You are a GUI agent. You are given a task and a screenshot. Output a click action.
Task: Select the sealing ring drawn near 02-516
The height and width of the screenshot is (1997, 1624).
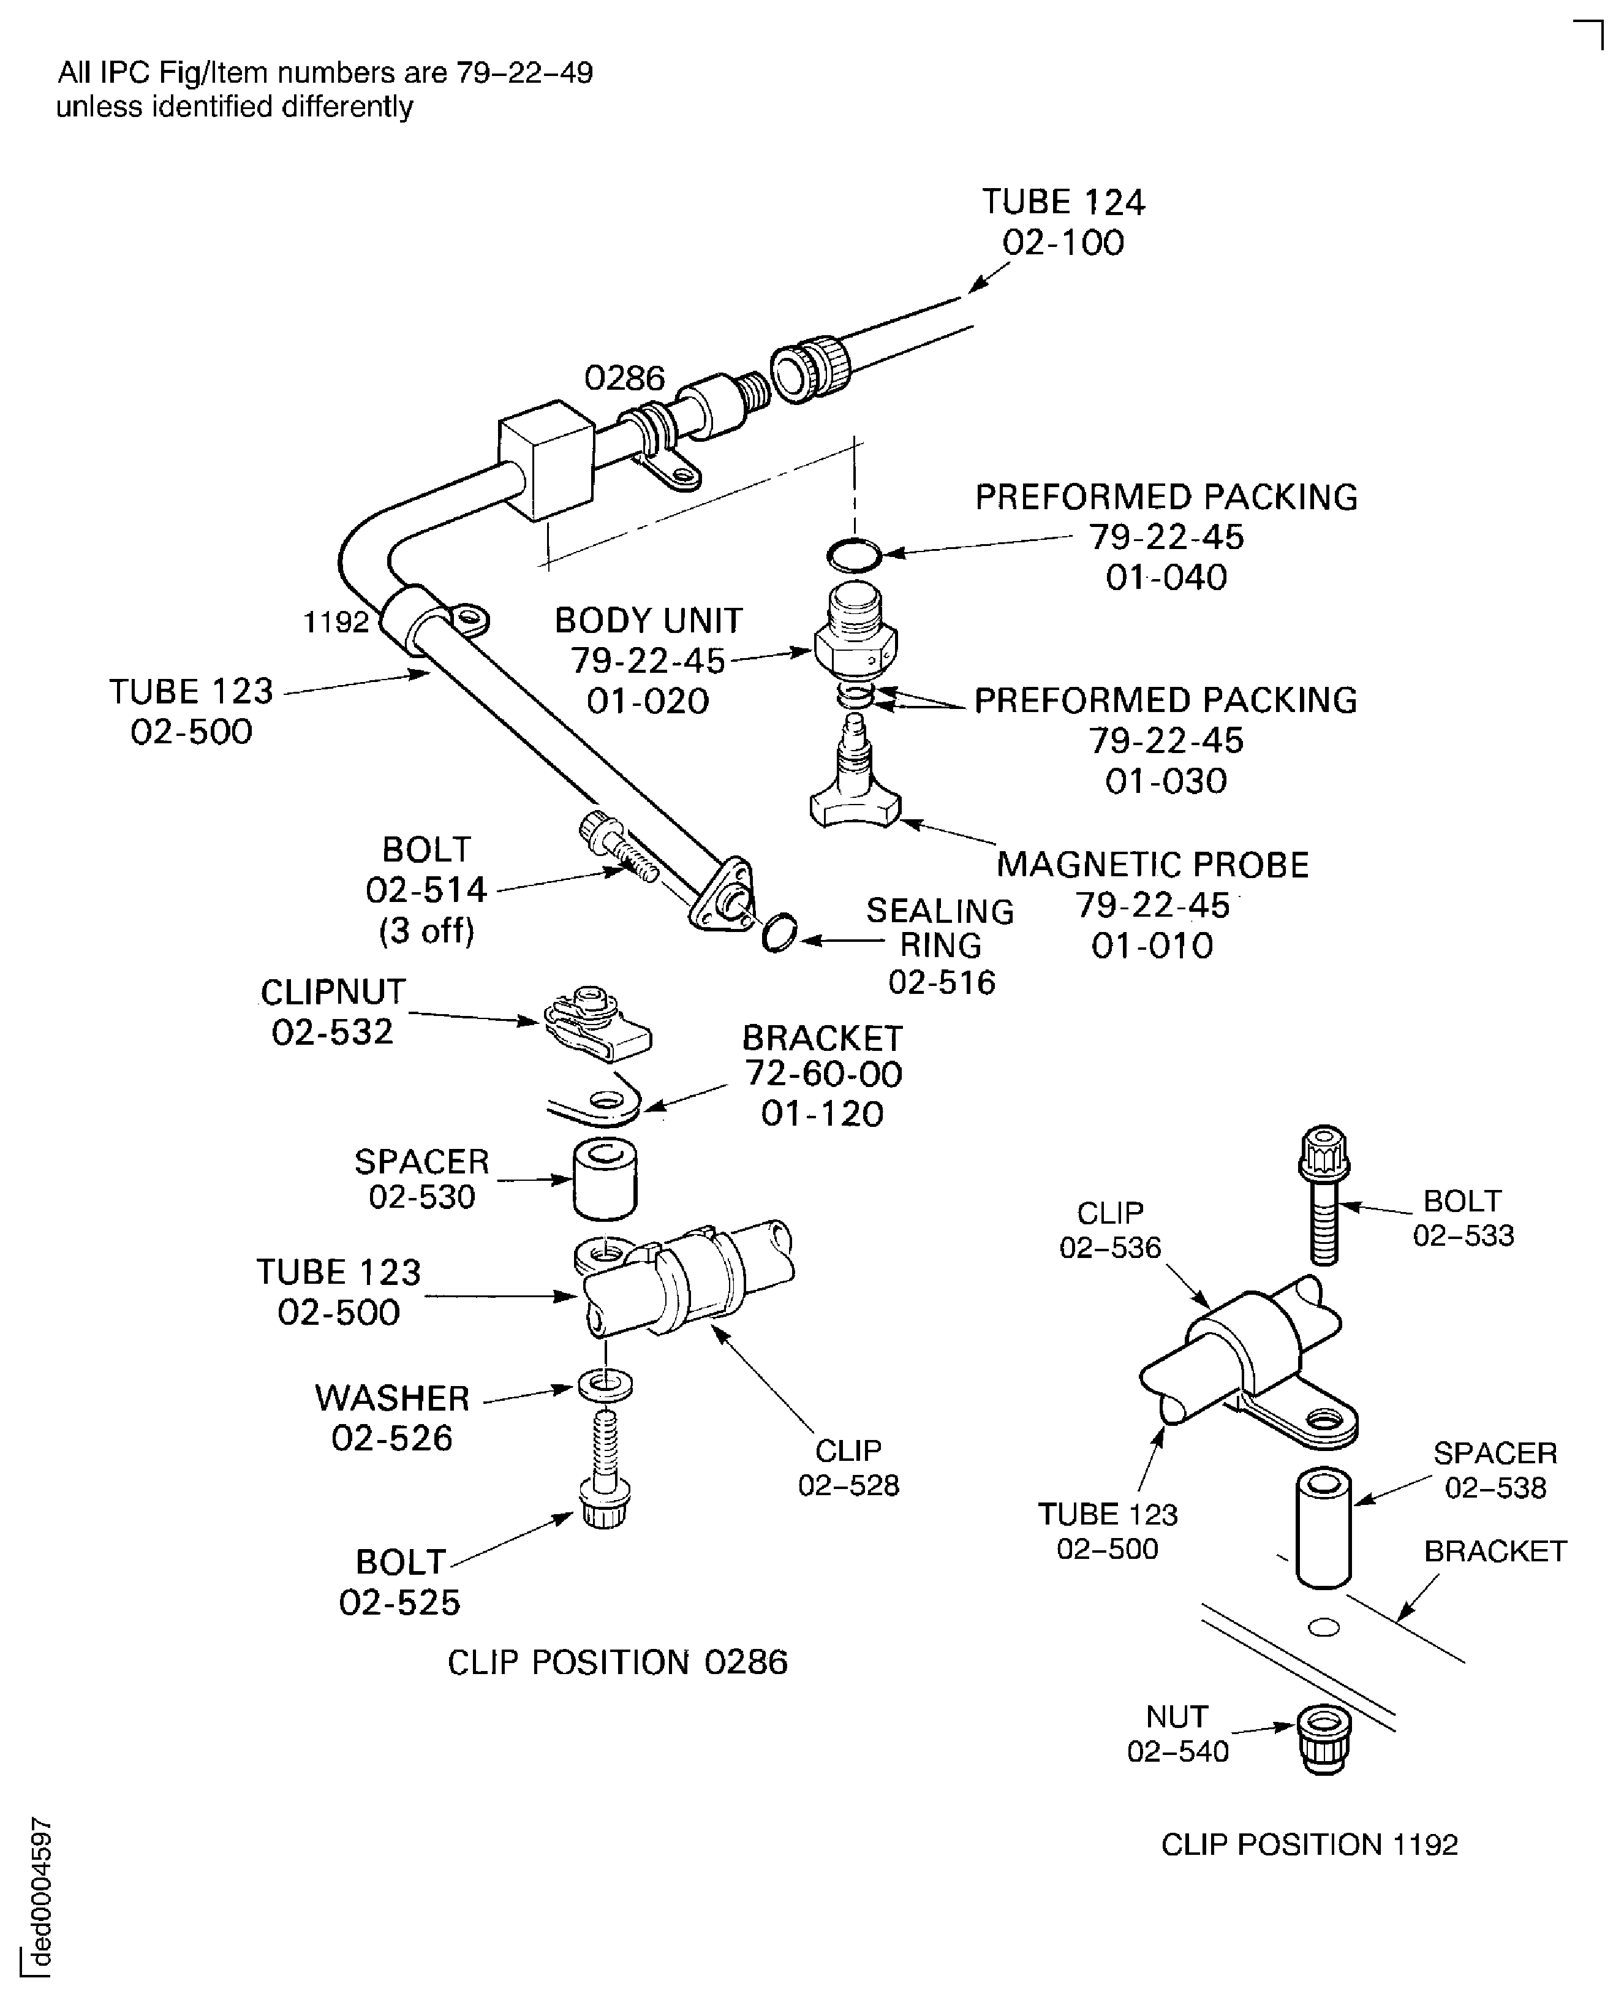(779, 933)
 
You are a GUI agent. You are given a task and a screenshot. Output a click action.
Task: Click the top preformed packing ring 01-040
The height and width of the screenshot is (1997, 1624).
(854, 556)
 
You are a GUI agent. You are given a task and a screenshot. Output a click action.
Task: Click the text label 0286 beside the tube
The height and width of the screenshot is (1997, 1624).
(624, 378)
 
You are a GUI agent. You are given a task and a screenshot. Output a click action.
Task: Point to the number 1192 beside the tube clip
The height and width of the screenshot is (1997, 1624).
(336, 623)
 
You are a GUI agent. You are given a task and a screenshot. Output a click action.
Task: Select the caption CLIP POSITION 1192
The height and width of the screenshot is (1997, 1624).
(1309, 1844)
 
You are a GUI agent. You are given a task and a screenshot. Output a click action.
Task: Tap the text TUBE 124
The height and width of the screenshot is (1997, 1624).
(1063, 202)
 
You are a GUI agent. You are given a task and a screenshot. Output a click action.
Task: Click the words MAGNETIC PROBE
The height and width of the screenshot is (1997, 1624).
(1152, 865)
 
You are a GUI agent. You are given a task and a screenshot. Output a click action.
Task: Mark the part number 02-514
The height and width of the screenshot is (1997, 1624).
(426, 890)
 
